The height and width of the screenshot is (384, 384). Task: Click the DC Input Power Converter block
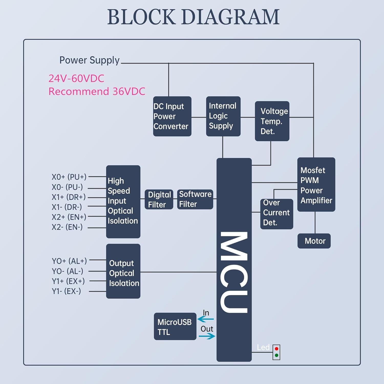pyautogui.click(x=172, y=116)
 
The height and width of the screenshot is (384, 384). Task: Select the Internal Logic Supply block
pyautogui.click(x=223, y=116)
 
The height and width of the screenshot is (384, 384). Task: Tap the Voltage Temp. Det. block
pyautogui.click(x=272, y=121)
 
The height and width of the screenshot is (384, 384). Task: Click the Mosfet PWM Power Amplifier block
pyautogui.click(x=316, y=185)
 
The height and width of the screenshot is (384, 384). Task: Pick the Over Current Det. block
pyautogui.click(x=276, y=214)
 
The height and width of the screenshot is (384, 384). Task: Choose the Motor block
pyautogui.click(x=314, y=241)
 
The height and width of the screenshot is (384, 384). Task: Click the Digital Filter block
pyautogui.click(x=159, y=199)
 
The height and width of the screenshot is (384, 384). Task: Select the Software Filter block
pyautogui.click(x=195, y=199)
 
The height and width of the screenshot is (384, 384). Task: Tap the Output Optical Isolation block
pyautogui.click(x=123, y=271)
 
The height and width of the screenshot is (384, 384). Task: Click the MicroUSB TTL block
pyautogui.click(x=175, y=326)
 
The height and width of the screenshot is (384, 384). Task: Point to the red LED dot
pyautogui.click(x=276, y=349)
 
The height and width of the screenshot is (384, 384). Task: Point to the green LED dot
pyautogui.click(x=276, y=355)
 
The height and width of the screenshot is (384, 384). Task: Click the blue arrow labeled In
pyautogui.click(x=206, y=319)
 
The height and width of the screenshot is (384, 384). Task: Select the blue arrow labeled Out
pyautogui.click(x=207, y=336)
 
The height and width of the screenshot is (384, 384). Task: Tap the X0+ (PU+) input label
pyautogui.click(x=69, y=177)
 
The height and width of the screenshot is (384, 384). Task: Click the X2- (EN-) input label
pyautogui.click(x=67, y=227)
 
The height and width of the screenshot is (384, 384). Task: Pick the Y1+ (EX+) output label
pyautogui.click(x=68, y=281)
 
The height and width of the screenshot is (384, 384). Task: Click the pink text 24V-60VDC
pyautogui.click(x=76, y=78)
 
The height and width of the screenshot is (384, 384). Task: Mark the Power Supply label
pyautogui.click(x=89, y=60)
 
